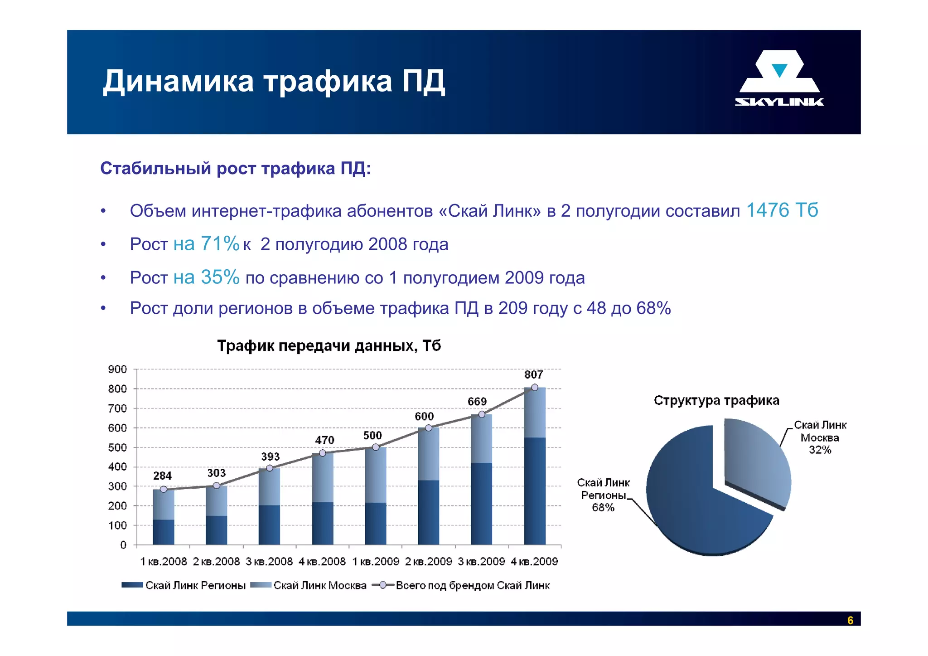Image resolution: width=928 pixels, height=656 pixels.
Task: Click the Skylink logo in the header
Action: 779,78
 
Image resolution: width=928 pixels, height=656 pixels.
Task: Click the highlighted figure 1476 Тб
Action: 782,210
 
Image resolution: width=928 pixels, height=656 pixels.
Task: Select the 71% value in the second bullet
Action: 220,244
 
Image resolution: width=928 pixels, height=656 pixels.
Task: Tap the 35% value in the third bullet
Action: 220,277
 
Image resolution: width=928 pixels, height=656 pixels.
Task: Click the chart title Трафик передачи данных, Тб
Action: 329,346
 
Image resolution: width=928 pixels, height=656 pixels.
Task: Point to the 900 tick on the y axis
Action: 117,369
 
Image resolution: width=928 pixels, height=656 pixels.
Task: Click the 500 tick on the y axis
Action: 117,447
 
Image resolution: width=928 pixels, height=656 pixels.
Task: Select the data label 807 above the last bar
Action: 533,375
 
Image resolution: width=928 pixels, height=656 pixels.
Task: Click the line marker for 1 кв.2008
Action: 164,489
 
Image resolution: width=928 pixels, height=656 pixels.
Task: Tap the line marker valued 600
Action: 428,428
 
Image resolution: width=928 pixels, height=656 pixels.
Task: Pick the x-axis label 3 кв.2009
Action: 481,562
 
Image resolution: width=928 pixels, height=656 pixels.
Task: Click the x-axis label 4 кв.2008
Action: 322,562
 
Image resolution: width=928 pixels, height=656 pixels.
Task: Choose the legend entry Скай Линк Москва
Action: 319,586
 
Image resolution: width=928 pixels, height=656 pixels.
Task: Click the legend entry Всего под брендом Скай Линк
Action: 472,586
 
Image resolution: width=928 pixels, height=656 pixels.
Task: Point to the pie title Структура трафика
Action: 716,401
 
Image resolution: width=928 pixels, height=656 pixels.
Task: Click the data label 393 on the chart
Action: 270,457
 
